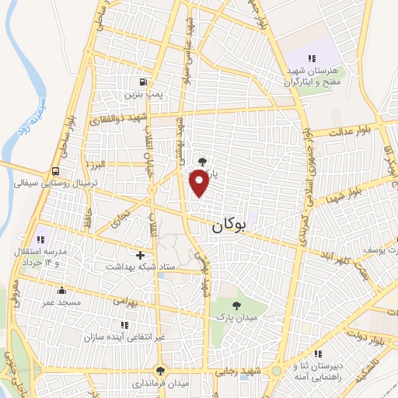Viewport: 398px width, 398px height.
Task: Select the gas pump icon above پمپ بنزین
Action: tap(142, 82)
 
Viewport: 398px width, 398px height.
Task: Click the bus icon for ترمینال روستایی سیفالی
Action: tap(54, 172)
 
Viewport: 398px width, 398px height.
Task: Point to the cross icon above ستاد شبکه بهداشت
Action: tap(140, 254)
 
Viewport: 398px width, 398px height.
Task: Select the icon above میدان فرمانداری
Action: tap(160, 371)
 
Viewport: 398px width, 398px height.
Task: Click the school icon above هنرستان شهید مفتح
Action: tap(311, 58)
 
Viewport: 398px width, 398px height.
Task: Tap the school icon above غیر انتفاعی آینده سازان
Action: tap(123, 325)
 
